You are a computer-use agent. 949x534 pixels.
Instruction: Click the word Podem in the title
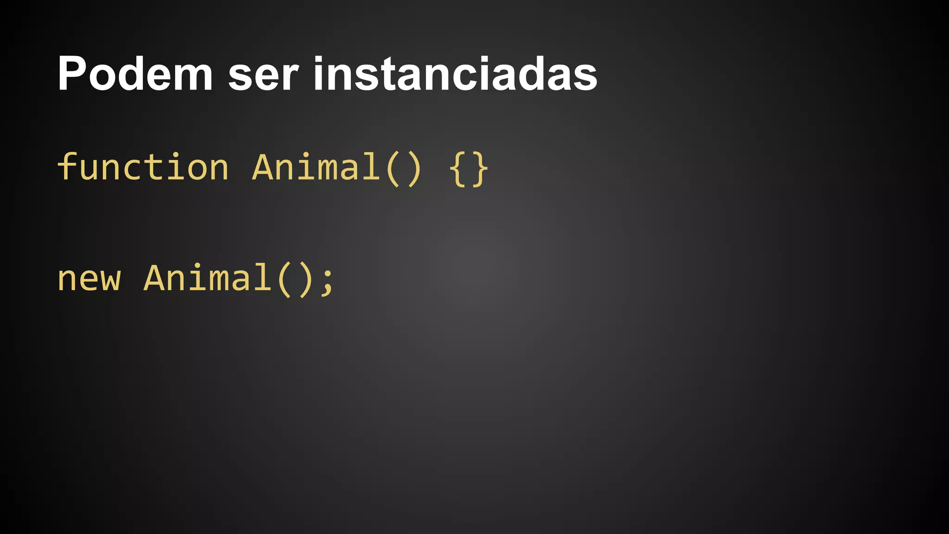[135, 74]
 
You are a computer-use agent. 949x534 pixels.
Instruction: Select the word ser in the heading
[263, 76]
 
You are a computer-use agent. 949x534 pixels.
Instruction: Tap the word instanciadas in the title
[455, 74]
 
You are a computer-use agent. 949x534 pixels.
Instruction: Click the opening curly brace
[458, 169]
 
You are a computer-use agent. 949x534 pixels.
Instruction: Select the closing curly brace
[480, 169]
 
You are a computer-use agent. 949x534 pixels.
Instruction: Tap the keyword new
[89, 279]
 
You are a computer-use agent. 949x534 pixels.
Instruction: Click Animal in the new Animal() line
[207, 278]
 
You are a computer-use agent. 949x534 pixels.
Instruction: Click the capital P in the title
[71, 74]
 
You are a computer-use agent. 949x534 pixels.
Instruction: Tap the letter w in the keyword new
[110, 280]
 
